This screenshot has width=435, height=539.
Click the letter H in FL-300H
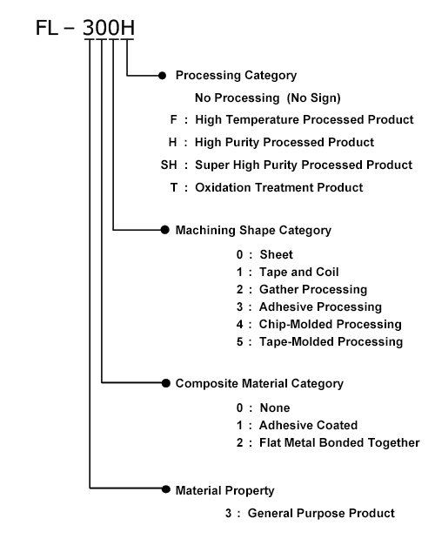pyautogui.click(x=127, y=28)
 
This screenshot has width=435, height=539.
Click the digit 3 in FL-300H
pyautogui.click(x=89, y=28)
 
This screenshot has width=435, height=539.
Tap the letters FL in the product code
pyautogui.click(x=47, y=28)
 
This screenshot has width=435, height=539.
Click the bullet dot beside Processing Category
pyautogui.click(x=163, y=76)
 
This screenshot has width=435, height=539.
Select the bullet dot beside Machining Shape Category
pyautogui.click(x=165, y=230)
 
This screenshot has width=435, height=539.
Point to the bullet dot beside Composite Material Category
pyautogui.click(x=166, y=383)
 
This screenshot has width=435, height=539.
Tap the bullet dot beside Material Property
pyautogui.click(x=166, y=489)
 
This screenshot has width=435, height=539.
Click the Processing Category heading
pyautogui.click(x=237, y=76)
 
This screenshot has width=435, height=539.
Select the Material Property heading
pyautogui.click(x=224, y=490)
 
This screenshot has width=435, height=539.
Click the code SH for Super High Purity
pyautogui.click(x=169, y=165)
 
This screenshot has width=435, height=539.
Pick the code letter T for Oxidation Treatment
pyautogui.click(x=174, y=188)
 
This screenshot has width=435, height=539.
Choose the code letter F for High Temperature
pyautogui.click(x=174, y=119)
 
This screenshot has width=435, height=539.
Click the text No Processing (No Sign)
pyautogui.click(x=268, y=98)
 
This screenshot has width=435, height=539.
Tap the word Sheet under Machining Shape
pyautogui.click(x=277, y=255)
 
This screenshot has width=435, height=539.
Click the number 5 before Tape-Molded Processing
pyautogui.click(x=239, y=342)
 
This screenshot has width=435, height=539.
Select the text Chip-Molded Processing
pyautogui.click(x=331, y=325)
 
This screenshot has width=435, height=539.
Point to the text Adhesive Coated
pyautogui.click(x=308, y=425)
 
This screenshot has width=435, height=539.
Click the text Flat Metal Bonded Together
pyautogui.click(x=339, y=442)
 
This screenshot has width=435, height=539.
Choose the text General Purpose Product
pyautogui.click(x=321, y=513)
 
